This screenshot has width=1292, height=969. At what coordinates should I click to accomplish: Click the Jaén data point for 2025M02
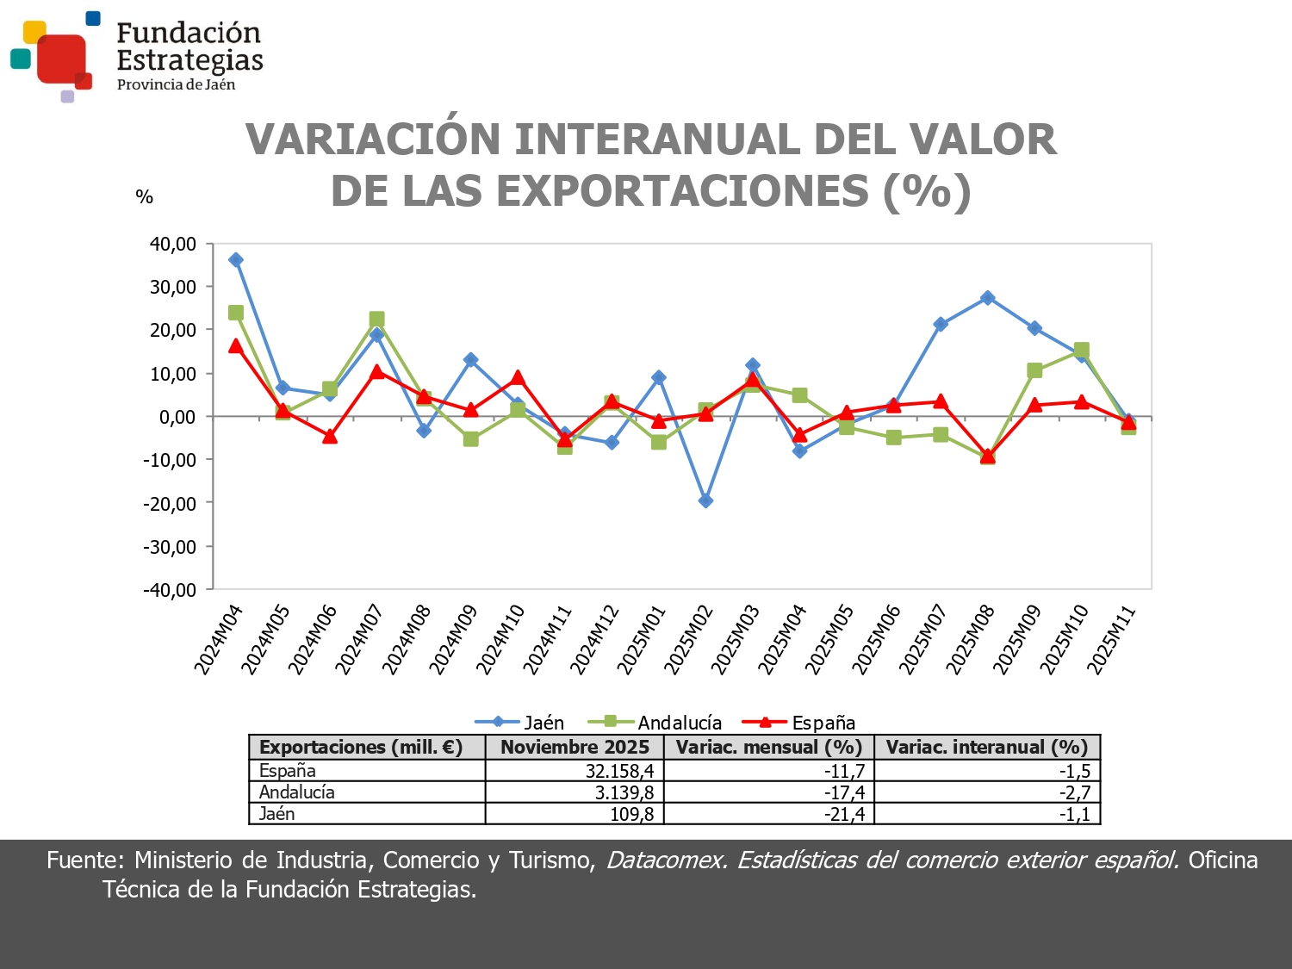[x=705, y=500]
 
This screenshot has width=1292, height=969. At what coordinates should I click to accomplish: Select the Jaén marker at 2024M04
[x=236, y=260]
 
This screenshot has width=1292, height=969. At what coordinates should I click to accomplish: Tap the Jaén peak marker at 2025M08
[x=988, y=298]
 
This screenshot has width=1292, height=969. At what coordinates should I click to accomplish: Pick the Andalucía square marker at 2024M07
[x=376, y=320]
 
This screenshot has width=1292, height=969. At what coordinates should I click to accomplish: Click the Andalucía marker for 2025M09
[x=1034, y=370]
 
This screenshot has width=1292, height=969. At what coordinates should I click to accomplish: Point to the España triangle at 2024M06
[x=330, y=437]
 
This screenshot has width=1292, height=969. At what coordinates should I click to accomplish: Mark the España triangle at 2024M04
[x=236, y=346]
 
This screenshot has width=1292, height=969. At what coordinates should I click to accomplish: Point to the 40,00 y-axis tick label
[x=173, y=244]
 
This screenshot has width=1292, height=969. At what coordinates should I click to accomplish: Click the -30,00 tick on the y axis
[x=171, y=547]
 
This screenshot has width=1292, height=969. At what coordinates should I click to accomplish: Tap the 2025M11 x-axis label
[x=1112, y=639]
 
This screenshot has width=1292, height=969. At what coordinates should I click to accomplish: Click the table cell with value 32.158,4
[x=619, y=771]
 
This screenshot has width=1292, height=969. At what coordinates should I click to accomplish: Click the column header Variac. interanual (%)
[x=987, y=747]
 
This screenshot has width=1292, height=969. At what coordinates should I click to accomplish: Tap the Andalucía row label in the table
[x=297, y=792]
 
